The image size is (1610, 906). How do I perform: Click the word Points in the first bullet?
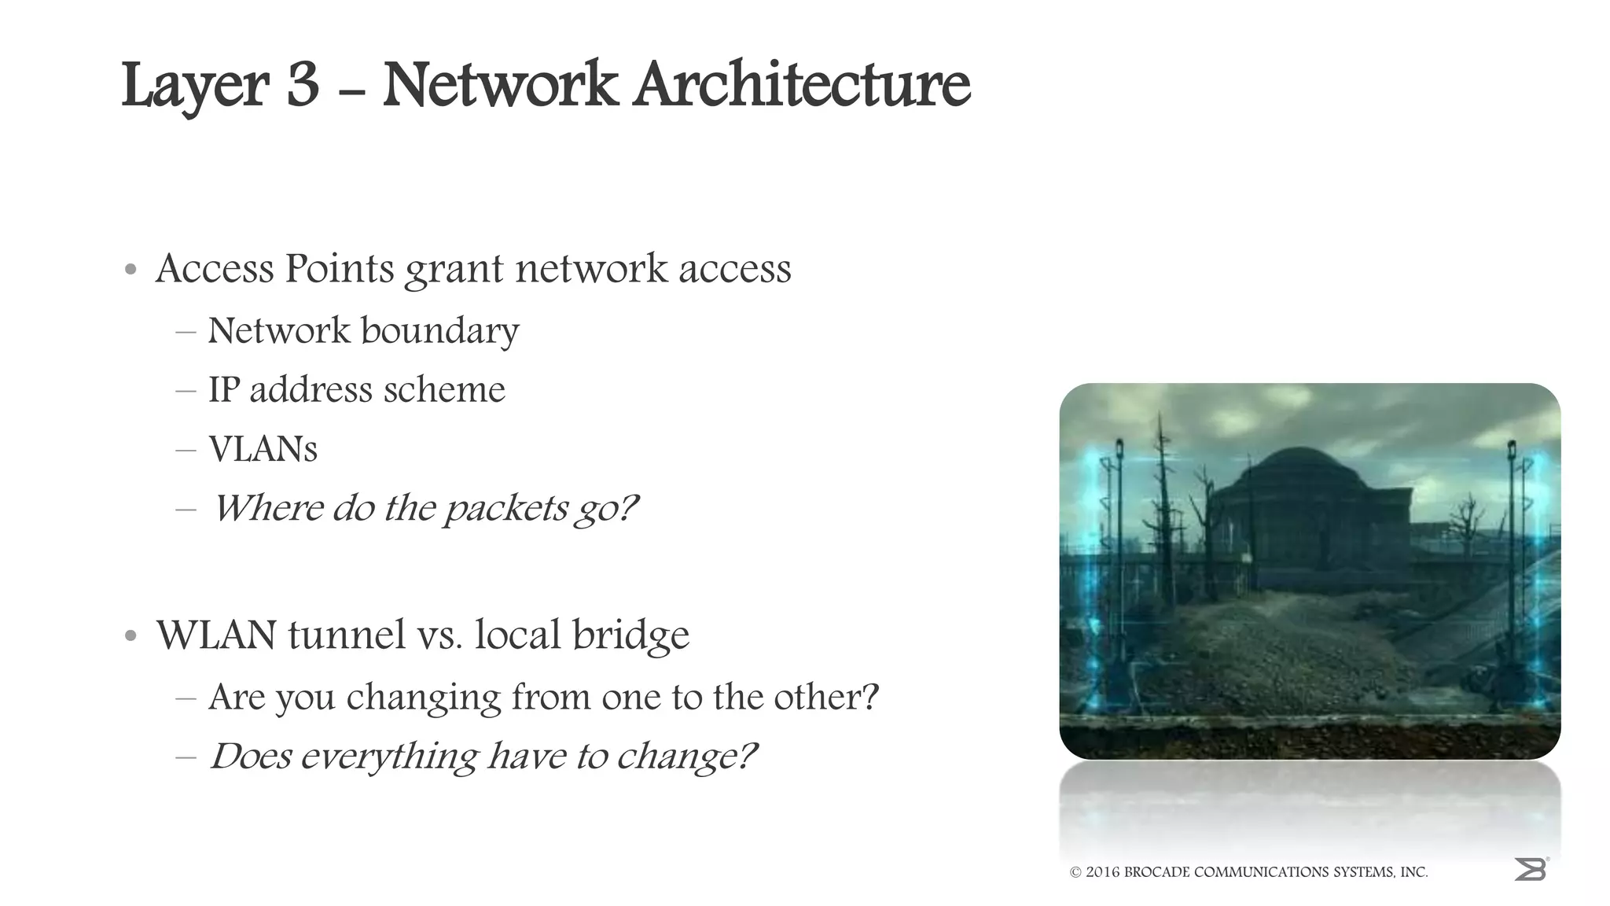point(339,269)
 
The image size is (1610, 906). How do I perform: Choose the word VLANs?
point(263,450)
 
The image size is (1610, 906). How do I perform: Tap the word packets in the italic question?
point(505,509)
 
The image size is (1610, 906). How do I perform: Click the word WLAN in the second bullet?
point(215,635)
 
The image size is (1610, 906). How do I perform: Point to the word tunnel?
point(346,635)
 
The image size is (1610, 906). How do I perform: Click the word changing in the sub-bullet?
point(423,698)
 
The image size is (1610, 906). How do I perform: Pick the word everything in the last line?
point(388,757)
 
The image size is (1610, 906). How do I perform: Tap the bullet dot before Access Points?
point(131,271)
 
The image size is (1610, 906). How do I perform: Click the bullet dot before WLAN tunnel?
point(131,636)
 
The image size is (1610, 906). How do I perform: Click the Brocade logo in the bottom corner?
point(1530,869)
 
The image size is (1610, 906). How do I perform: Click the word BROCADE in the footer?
point(1156,872)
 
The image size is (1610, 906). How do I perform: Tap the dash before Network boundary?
point(186,332)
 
